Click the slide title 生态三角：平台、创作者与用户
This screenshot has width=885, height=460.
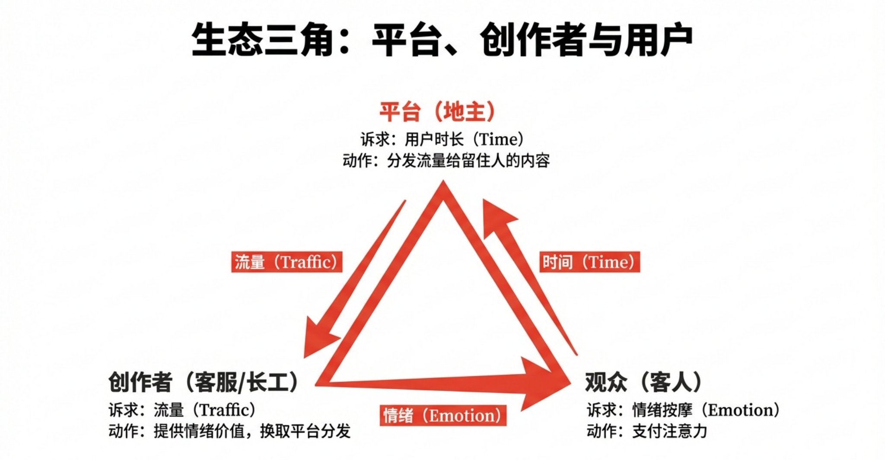442,41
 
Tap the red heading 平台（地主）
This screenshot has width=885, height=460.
437,111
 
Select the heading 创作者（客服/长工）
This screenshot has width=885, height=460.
204,382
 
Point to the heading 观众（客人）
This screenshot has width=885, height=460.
643,382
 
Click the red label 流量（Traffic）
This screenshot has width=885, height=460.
287,262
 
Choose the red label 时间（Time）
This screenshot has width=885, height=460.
589,262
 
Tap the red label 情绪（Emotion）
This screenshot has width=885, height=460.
443,416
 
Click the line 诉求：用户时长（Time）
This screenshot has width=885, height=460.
442,139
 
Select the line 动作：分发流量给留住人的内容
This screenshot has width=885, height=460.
446,161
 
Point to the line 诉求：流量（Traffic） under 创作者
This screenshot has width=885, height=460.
182,410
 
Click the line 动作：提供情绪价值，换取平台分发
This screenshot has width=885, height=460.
229,431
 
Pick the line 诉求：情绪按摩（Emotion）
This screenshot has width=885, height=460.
683,410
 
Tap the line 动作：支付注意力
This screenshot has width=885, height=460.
647,431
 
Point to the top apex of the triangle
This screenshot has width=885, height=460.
443,181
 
